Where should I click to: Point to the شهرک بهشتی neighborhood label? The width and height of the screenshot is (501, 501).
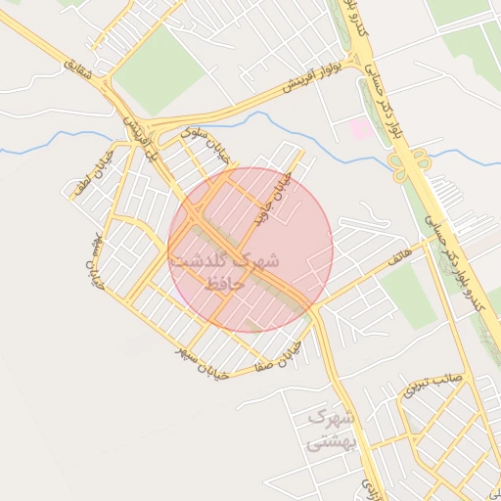[x=328, y=430]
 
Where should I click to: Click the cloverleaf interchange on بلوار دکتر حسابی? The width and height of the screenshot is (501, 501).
[x=416, y=164]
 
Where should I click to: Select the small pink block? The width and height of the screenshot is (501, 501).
[x=360, y=127]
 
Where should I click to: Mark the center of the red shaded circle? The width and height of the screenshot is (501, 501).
[x=250, y=250]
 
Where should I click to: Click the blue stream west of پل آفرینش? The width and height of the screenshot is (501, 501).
[x=49, y=148]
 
